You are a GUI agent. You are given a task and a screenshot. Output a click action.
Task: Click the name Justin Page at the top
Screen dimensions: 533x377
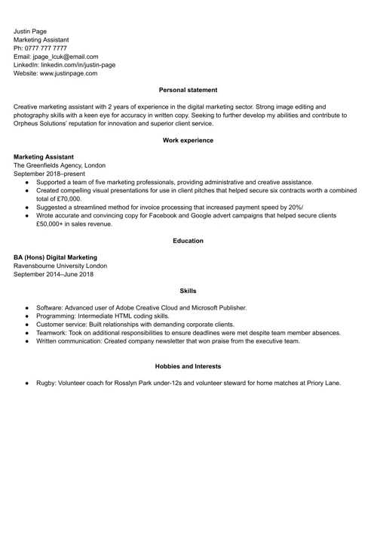tap(30, 31)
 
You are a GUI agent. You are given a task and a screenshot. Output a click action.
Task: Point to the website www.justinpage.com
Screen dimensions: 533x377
tap(69, 73)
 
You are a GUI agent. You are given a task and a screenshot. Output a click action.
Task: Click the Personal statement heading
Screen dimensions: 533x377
tap(188, 91)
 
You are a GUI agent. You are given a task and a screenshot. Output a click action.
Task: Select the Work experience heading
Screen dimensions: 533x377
tap(188, 140)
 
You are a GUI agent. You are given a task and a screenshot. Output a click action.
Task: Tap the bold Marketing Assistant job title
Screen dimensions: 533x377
tap(44, 157)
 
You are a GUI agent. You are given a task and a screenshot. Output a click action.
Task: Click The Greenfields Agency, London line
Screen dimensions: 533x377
tap(60, 165)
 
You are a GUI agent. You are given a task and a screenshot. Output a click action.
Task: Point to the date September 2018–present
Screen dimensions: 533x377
tap(50, 174)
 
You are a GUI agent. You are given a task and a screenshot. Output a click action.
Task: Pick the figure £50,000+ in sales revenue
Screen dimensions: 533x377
tap(74, 223)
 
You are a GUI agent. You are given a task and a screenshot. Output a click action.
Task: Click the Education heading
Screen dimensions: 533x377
tap(188, 241)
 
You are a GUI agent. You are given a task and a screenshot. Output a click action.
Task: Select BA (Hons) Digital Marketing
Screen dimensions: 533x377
tap(60, 257)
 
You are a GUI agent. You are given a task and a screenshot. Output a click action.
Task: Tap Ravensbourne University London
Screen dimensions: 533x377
tap(60, 266)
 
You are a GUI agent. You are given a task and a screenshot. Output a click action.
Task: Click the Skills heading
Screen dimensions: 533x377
tap(188, 291)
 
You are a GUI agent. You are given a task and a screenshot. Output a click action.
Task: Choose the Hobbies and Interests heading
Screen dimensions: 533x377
tap(188, 366)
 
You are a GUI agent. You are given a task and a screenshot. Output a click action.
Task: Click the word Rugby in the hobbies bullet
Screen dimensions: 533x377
tap(45, 383)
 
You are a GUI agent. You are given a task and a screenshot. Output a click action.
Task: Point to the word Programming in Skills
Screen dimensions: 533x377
tap(57, 316)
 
